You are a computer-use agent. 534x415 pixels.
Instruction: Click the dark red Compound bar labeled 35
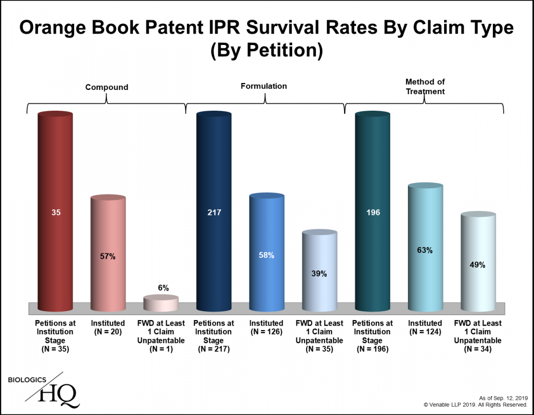[x=56, y=212]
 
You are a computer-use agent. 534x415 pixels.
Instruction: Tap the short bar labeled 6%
[x=161, y=304]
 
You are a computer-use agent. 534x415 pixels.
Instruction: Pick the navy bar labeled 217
[x=214, y=212]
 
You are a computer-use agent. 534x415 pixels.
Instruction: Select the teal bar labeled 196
[x=372, y=212]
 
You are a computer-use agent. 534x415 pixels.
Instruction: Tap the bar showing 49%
[x=478, y=264]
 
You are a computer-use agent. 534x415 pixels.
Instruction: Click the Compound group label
[x=107, y=87]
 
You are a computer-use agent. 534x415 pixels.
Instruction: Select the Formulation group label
[x=264, y=86]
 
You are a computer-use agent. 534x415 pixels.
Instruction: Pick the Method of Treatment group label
[x=425, y=86]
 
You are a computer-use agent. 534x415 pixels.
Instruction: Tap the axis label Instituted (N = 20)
[x=108, y=327]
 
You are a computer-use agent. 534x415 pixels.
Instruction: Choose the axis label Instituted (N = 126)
[x=267, y=327]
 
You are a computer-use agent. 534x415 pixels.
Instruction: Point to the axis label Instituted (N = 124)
[x=425, y=327]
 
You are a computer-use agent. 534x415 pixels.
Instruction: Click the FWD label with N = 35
[x=319, y=336]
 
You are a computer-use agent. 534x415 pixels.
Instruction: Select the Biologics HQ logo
[x=44, y=391]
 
